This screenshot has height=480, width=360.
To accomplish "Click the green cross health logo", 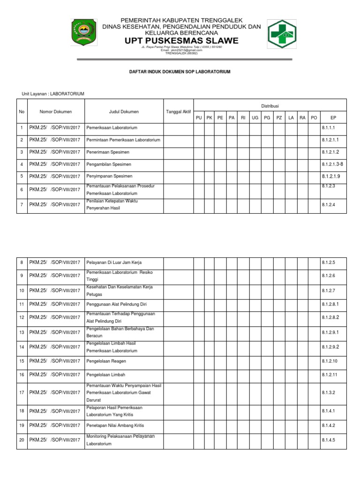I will point(282,34).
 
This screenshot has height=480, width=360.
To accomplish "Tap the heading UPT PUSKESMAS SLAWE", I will point(181,41).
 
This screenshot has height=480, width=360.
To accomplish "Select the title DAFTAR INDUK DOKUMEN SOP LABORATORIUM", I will point(180,72).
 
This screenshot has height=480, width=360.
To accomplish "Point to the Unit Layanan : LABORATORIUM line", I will point(53,94).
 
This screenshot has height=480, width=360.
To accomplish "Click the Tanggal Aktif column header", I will point(178,112).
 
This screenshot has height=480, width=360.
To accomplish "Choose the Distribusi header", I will point(270,106).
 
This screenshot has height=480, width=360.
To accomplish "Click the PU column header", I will point(199,117).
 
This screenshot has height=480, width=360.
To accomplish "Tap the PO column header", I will point(314,117).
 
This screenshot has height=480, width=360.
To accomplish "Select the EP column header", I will point(333,117).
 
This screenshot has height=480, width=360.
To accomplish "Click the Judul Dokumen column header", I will point(124,112).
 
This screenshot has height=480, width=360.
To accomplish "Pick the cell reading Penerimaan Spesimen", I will point(108,152).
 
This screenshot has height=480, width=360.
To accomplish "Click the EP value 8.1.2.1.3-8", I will point(333,164).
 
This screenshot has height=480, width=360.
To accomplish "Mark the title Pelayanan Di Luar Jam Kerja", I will point(114,262).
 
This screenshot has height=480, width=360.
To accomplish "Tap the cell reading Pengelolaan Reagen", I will point(106,361).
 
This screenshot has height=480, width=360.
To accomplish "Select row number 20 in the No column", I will point(22,441).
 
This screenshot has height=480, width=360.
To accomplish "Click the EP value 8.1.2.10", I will point(330,361).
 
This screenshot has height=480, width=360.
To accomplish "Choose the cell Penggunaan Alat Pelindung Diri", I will point(117,304).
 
